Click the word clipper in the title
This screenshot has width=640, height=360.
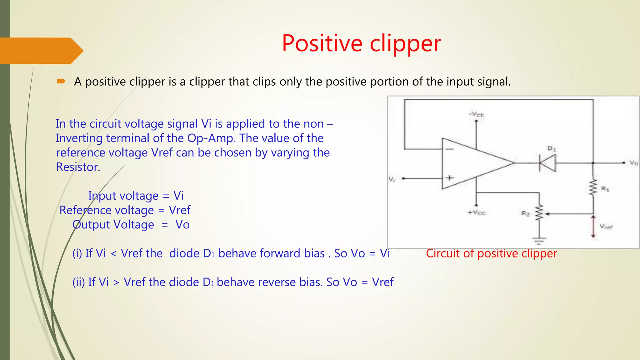coord(405,44)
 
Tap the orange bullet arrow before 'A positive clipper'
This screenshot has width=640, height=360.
coord(61,82)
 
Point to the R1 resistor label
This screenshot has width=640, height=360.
coord(605,189)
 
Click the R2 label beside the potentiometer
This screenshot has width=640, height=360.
coord(525,213)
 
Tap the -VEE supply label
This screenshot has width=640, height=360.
coord(476,114)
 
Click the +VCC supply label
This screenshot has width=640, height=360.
coord(477,212)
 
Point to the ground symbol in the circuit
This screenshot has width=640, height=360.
coord(539,241)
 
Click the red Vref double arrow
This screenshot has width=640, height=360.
coord(593,226)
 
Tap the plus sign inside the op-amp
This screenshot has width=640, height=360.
coord(449,178)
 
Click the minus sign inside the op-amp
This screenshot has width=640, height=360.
coord(449,149)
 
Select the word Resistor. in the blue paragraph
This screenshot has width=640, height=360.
coord(78,167)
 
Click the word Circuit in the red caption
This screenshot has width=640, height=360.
coord(443,253)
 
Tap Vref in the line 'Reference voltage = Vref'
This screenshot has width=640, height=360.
coord(179,210)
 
